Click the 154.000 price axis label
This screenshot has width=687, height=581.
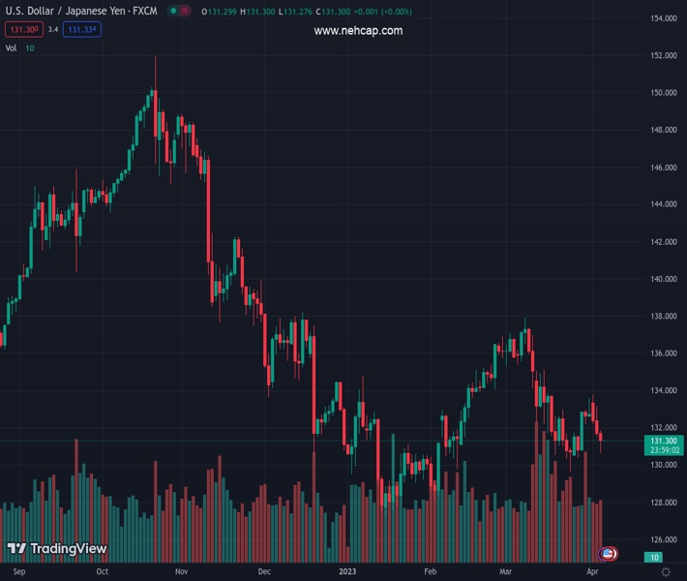663,18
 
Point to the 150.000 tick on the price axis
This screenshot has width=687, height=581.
663,93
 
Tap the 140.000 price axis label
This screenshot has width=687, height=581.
663,279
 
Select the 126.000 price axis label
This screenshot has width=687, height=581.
663,539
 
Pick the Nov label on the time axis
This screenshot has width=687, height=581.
181,571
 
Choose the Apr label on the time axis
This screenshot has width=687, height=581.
592,571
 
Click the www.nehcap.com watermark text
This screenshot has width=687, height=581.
358,31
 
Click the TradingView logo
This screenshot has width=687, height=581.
56,549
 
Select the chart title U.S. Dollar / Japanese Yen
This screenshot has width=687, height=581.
67,11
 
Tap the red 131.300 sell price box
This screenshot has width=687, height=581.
22,29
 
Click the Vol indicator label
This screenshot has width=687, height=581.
11,47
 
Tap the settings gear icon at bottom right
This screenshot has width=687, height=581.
666,571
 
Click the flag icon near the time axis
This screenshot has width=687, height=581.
608,553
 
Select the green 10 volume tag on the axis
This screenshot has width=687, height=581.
654,557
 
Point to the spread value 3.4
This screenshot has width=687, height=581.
53,29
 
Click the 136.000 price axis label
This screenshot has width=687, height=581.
663,353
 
